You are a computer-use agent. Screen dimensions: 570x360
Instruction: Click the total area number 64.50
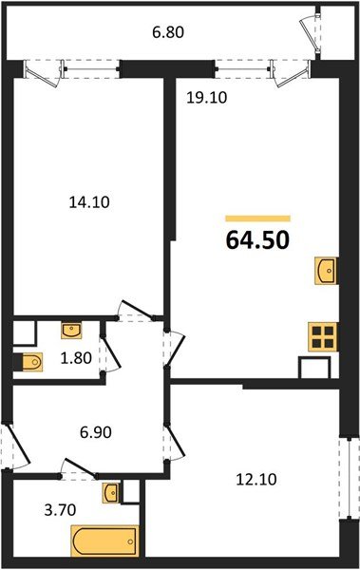(x=256, y=237)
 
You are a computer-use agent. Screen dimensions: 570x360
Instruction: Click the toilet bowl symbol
(x=29, y=361)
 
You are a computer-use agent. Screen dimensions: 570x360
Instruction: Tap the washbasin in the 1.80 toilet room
(x=72, y=331)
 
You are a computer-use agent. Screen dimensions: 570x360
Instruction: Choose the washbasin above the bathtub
(x=112, y=493)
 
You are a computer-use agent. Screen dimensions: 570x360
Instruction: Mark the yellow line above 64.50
(x=257, y=218)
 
